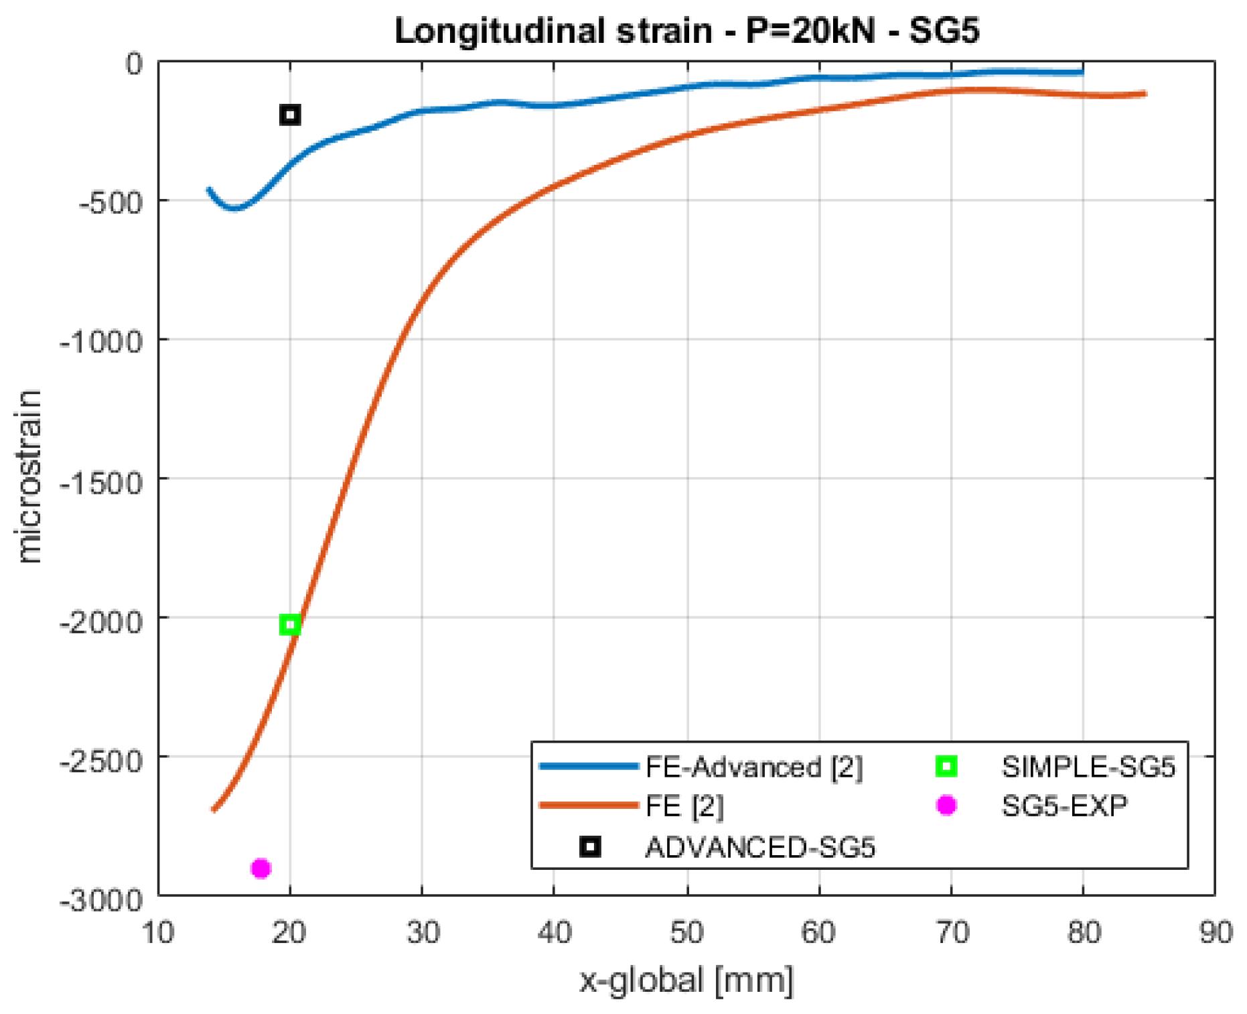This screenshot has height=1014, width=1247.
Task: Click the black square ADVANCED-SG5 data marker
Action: [x=290, y=115]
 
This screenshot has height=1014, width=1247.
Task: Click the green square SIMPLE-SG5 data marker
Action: [x=290, y=625]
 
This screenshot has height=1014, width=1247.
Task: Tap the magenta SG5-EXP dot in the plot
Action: [x=261, y=869]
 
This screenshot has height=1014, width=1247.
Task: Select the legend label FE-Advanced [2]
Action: [x=753, y=767]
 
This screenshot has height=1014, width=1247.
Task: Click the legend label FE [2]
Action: [x=684, y=806]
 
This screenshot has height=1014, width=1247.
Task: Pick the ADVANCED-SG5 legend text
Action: [x=760, y=848]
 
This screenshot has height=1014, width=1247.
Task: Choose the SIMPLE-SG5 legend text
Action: [x=1088, y=767]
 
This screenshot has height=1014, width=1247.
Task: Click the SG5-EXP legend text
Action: [x=1064, y=806]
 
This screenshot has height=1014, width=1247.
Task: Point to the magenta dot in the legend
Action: [x=946, y=805]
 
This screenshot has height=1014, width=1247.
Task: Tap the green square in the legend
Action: [x=946, y=766]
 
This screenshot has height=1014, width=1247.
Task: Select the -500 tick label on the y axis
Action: [x=111, y=202]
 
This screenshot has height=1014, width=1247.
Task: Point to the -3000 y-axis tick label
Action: [x=102, y=900]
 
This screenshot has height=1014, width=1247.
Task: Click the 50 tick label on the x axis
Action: [x=687, y=932]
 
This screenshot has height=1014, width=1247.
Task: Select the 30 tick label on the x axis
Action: [x=423, y=932]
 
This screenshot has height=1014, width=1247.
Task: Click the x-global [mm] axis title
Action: [x=686, y=980]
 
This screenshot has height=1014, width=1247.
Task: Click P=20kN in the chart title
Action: [x=811, y=31]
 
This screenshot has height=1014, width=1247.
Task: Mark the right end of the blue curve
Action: [x=1082, y=72]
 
